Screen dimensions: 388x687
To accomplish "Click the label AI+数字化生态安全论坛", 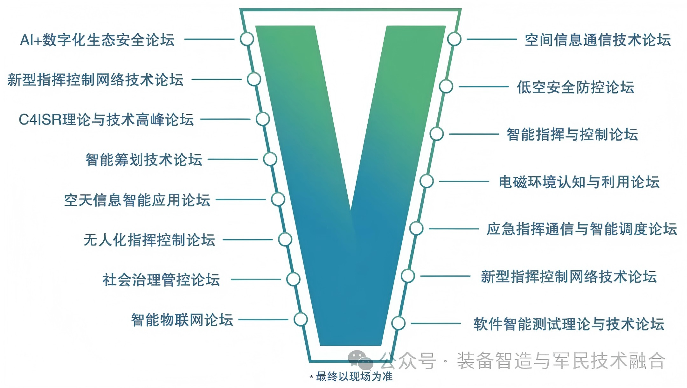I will [97, 40].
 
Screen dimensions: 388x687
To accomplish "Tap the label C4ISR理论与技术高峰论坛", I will [106, 120].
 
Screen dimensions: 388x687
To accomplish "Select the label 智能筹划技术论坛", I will [144, 160].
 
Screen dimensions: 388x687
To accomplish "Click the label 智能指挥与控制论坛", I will [572, 135].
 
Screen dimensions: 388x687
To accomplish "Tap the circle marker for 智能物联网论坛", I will [301, 320].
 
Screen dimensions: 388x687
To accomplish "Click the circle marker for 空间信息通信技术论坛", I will [454, 39].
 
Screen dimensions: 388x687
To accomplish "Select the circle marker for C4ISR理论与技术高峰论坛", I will [263, 119].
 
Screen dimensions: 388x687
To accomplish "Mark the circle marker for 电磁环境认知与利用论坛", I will [427, 181].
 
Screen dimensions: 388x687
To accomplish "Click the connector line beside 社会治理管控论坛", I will [256, 280].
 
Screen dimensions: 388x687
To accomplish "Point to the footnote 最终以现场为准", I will [354, 377].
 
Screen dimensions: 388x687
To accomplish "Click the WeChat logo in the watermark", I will [360, 360].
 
